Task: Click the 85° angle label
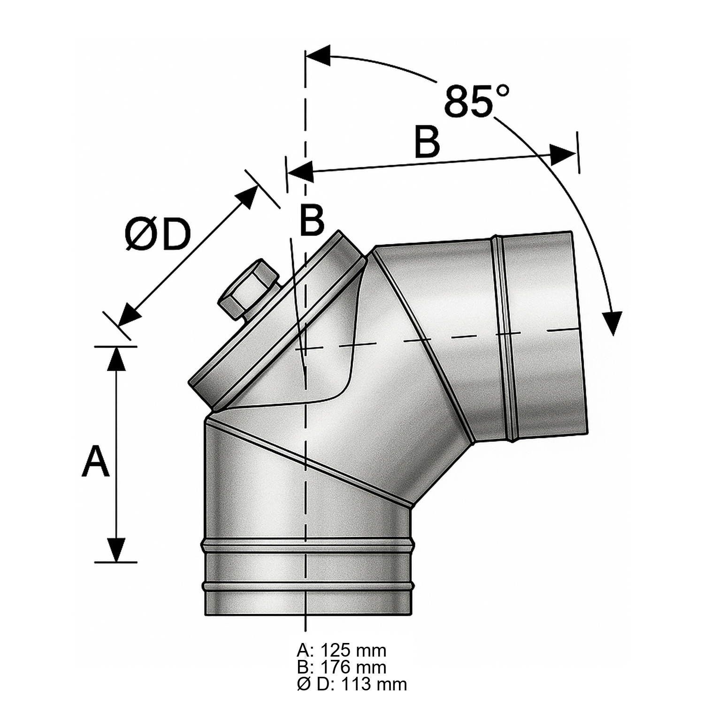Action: (476, 101)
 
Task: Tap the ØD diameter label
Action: (158, 235)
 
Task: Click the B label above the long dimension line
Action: (427, 141)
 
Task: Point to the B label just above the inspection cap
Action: (312, 220)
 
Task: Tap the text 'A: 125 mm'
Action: (341, 650)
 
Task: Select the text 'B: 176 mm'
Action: (341, 667)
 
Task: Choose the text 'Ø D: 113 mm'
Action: (352, 684)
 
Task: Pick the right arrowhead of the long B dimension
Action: (562, 154)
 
